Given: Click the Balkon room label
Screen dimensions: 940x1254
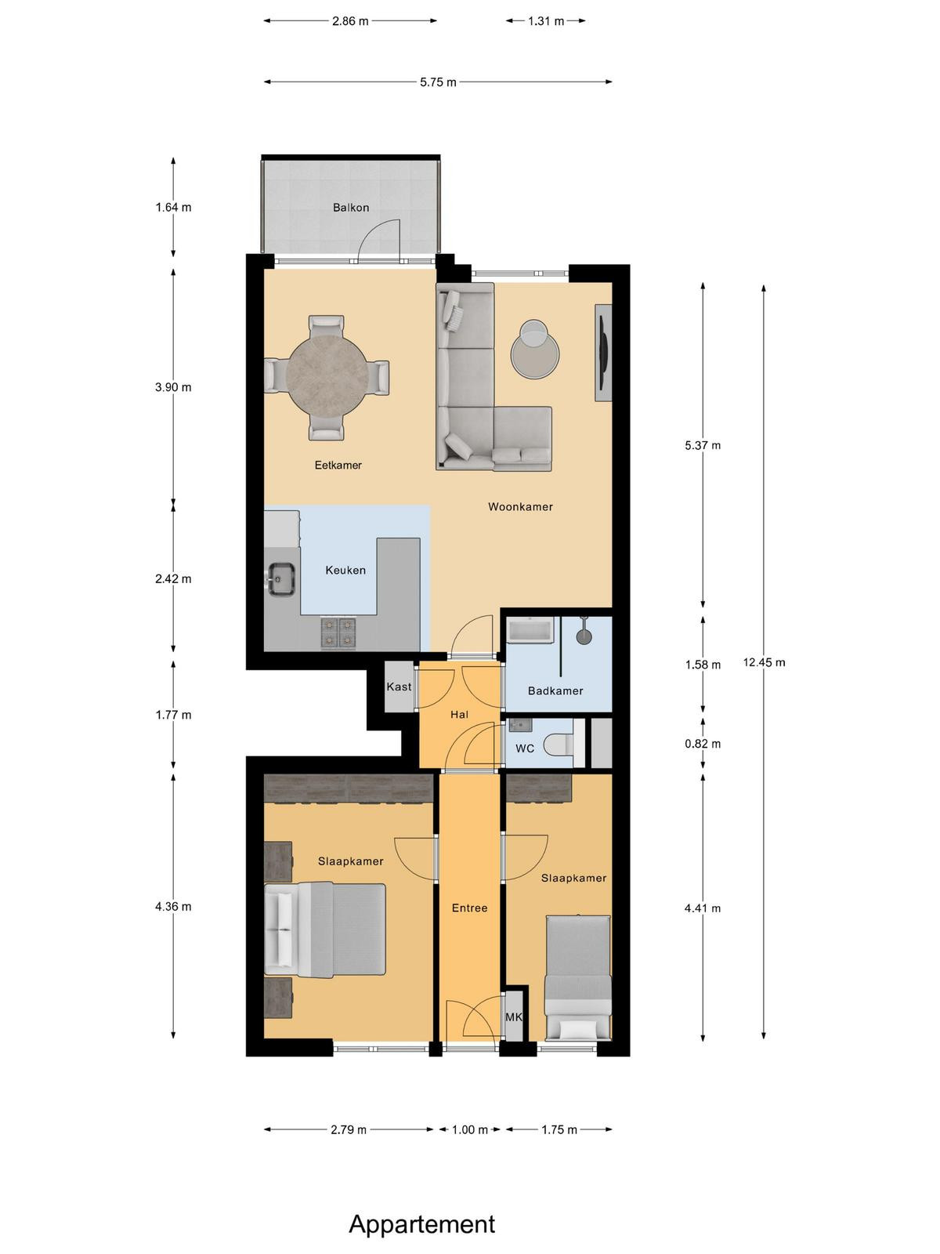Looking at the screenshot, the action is point(350,208).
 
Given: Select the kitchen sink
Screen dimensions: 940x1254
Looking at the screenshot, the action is point(281,578).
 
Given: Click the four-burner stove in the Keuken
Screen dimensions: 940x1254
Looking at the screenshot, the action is point(338,633).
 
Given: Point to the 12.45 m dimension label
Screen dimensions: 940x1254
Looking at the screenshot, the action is point(764,662).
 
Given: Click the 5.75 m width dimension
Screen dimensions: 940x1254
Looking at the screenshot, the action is point(438,82).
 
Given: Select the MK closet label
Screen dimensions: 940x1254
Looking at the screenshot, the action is point(514,1017).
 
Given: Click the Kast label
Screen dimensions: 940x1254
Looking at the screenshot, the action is point(399,687).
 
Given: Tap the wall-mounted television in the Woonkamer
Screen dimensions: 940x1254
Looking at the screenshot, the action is point(602,353).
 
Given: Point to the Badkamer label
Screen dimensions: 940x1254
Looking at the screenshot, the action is point(555,690).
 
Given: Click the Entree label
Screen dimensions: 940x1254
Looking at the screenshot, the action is point(470,908).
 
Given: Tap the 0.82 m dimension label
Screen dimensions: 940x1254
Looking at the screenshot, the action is point(703,744).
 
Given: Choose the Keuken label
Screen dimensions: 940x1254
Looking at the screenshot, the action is point(345,570).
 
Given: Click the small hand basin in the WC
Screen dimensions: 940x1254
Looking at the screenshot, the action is point(520,725).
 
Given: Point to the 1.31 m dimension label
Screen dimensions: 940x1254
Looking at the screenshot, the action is point(546,22).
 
